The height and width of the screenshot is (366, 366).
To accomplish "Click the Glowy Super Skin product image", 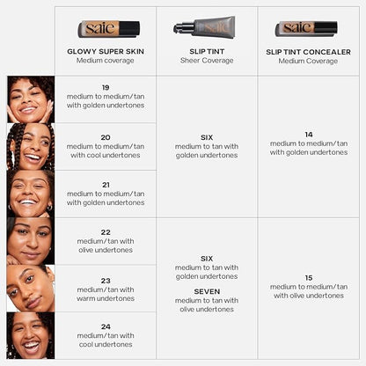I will pos(108,28).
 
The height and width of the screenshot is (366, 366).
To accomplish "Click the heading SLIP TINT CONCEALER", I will pos(307,51).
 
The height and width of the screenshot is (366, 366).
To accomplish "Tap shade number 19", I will pos(106,88).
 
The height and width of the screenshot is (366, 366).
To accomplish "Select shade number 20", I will pos(106,136).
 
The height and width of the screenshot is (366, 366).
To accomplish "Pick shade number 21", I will pos(106,184).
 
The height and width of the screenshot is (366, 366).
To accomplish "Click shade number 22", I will pos(106,231).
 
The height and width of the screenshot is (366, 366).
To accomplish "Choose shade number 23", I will pos(106,280).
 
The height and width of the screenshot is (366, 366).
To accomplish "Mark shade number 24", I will pos(106,326).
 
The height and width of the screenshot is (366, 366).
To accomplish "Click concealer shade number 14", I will pos(308,134).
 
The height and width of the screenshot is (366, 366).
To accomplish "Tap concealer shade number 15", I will pos(308,277).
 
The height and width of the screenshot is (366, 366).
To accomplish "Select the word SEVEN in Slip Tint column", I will pos(207,291).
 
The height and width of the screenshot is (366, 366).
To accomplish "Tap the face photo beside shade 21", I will pos(30,193).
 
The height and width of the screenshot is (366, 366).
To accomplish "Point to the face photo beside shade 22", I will pos(30,240).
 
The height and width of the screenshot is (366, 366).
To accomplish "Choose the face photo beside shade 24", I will pos(30,335).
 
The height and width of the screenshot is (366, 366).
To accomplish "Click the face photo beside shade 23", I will pos(30,288).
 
